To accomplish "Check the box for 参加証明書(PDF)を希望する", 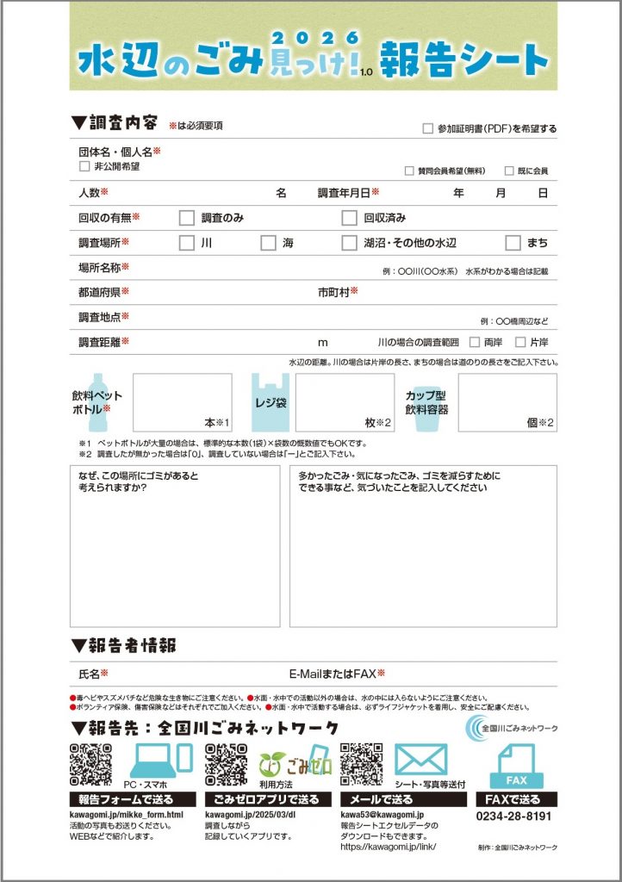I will click(x=428, y=129).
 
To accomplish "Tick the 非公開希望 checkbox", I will click(x=84, y=166).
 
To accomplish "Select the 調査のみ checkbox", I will click(x=186, y=218).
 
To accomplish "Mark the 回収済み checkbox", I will click(x=349, y=218).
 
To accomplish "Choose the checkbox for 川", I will click(x=186, y=243).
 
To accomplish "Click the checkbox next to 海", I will click(x=268, y=243).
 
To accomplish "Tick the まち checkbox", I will click(x=513, y=243).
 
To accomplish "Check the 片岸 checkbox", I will click(x=519, y=342).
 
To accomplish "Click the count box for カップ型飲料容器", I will click(x=507, y=402).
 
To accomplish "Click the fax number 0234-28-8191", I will click(x=514, y=815).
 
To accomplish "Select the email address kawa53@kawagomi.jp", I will click(x=379, y=814).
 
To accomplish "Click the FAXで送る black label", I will click(x=515, y=799).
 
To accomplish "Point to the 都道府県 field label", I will click(x=103, y=293).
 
